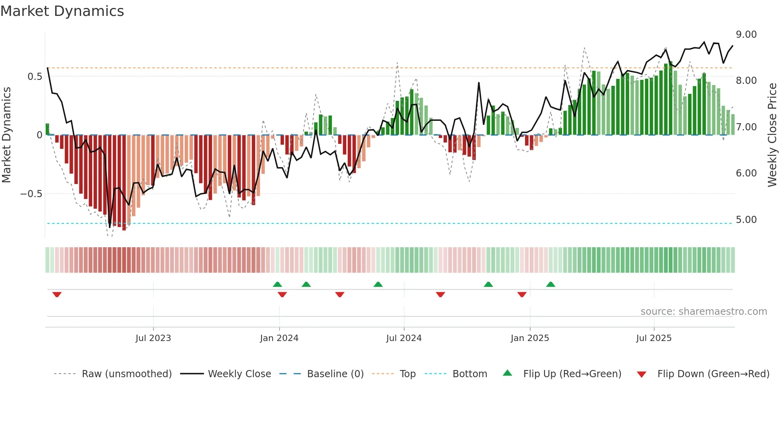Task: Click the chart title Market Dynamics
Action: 62,11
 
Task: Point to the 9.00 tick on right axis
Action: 746,35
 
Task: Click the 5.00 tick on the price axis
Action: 746,220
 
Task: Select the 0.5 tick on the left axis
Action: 35,77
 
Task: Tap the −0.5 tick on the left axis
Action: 31,194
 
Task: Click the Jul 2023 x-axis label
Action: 153,338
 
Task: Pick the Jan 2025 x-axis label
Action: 529,338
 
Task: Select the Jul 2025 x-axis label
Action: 653,338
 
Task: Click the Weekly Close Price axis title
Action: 772,135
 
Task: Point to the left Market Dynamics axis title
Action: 6,135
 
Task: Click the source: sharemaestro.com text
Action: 703,312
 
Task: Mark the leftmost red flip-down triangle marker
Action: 57,295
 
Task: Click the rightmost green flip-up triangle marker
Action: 550,284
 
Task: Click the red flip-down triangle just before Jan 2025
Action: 522,295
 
